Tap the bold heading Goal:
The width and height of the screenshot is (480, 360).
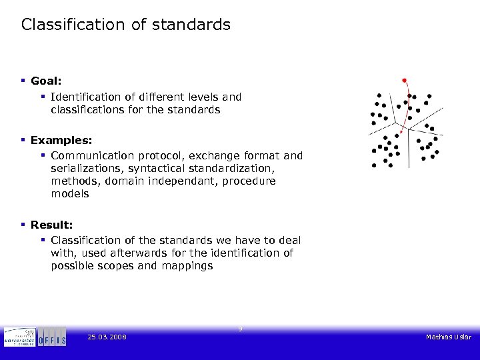46,81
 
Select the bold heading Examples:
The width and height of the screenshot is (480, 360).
61,141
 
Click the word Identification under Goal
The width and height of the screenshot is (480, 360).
86,97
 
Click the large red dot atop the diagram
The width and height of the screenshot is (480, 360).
403,80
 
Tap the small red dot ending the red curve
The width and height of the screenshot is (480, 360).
401,132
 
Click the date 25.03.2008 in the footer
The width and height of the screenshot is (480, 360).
107,337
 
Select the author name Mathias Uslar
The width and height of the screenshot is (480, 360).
449,337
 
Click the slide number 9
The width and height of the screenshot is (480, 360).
240,329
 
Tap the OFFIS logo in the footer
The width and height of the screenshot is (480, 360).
52,337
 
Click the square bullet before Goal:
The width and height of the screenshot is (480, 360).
23,81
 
